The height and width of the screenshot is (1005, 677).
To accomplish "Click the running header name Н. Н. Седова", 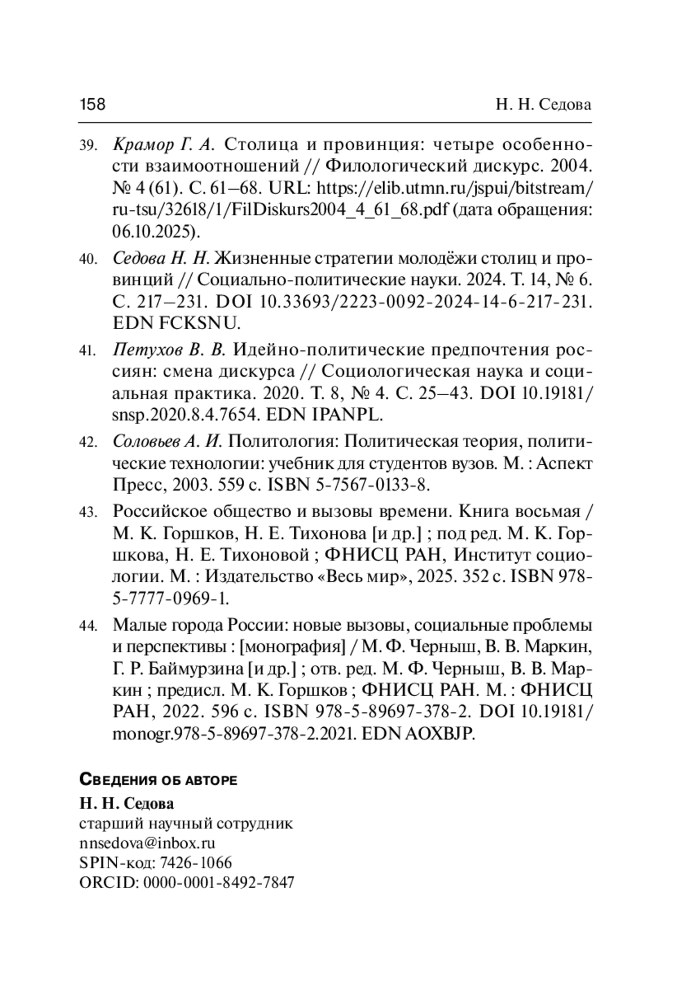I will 543,105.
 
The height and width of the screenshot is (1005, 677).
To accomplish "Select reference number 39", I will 89,146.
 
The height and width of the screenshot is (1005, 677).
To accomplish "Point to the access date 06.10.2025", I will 152,231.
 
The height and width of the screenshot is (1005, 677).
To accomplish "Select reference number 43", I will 89,513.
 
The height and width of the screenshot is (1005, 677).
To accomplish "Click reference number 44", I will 89,626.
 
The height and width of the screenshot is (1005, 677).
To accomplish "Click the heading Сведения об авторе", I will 159,780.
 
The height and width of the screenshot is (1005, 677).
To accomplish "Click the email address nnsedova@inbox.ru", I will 148,843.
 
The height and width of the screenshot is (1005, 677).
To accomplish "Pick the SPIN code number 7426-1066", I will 196,863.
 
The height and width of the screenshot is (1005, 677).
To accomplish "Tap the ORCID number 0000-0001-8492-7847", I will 219,883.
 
